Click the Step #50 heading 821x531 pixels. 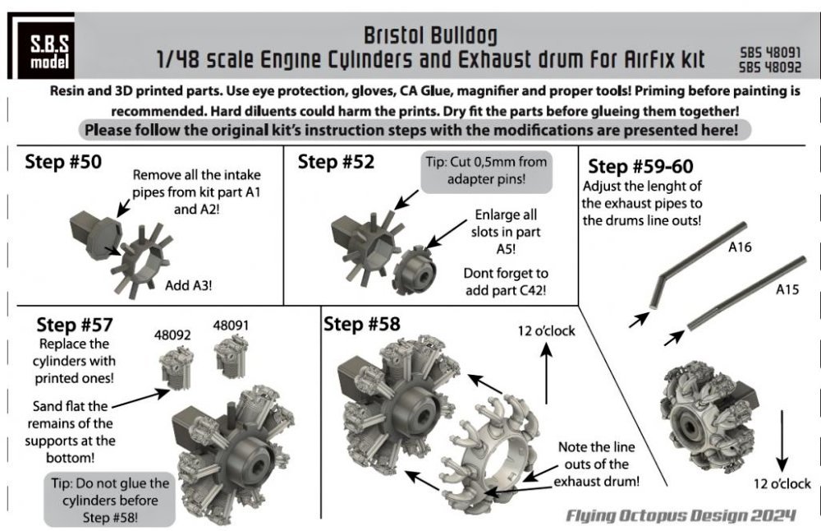click(x=63, y=161)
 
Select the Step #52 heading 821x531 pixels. click(x=336, y=161)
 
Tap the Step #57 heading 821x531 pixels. click(x=75, y=325)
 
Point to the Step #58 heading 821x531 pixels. click(x=362, y=324)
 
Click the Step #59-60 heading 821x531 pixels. click(x=640, y=166)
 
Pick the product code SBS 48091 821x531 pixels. click(x=770, y=53)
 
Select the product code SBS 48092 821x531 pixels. click(x=770, y=67)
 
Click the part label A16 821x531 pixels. click(x=740, y=247)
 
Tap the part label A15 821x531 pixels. click(x=787, y=289)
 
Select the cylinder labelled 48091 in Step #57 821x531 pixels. click(x=232, y=357)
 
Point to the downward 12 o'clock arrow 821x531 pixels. click(x=782, y=441)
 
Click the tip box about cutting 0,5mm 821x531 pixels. click(x=486, y=170)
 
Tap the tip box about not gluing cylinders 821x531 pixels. click(x=110, y=500)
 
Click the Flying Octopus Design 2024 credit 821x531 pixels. click(x=681, y=516)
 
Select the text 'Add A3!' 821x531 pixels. click(x=189, y=286)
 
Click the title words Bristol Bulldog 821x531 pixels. click(x=430, y=35)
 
